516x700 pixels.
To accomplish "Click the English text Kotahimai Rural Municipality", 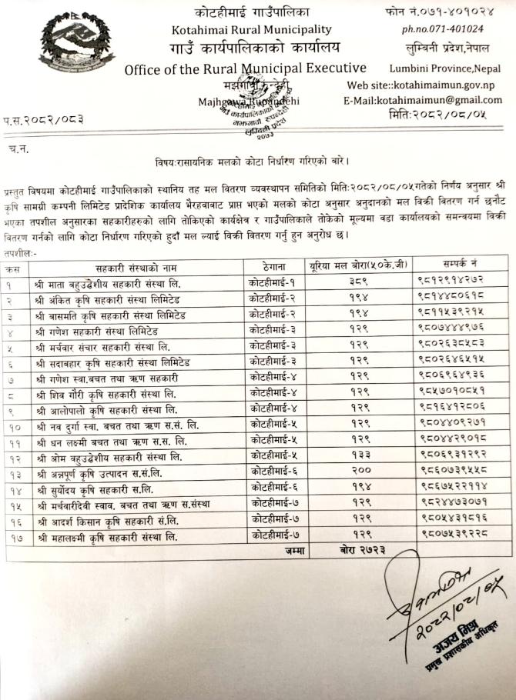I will tap(253, 30).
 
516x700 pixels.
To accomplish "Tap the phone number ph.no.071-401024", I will tap(442, 29).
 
